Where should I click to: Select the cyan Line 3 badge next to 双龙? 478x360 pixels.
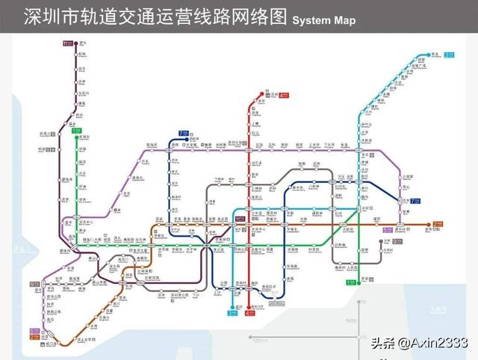449,55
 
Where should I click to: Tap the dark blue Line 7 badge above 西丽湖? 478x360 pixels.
183,134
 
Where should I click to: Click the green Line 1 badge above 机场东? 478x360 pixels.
77,131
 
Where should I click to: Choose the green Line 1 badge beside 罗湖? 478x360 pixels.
350,282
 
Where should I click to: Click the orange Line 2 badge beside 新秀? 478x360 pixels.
438,223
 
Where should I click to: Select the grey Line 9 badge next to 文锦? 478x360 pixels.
388,231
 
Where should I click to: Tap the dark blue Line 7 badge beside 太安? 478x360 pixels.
415,201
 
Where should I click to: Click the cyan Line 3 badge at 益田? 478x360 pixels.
231,314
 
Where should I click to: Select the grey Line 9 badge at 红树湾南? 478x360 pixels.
34,284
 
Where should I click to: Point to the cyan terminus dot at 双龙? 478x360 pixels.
438,55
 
